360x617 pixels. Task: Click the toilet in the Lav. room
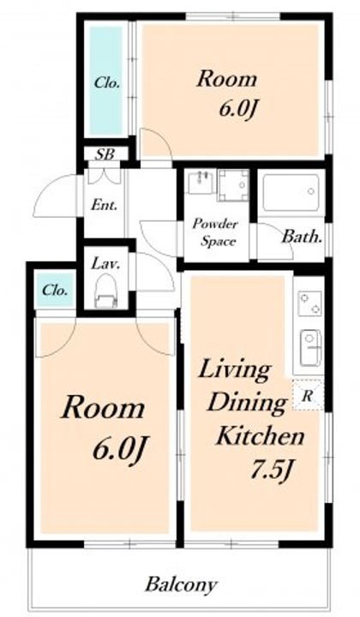[x=106, y=291]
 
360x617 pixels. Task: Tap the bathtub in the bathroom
[x=291, y=193]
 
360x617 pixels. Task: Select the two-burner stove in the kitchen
[x=309, y=303]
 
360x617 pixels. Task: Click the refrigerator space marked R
[x=308, y=395]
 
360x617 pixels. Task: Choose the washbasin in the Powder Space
[x=201, y=182]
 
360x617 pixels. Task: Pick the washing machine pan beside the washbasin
[x=234, y=185]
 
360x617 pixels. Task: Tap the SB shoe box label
[x=105, y=154]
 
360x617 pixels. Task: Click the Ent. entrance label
[x=105, y=205]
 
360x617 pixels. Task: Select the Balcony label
[x=181, y=585]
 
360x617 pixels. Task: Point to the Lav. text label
[x=105, y=263]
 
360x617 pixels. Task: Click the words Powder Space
[x=216, y=232]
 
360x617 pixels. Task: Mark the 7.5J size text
[x=272, y=470]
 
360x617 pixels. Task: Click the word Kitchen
[x=261, y=436]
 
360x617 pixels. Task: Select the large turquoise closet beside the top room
[x=105, y=81]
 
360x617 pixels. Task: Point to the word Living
[x=235, y=371]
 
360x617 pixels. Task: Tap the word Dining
[x=247, y=403]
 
